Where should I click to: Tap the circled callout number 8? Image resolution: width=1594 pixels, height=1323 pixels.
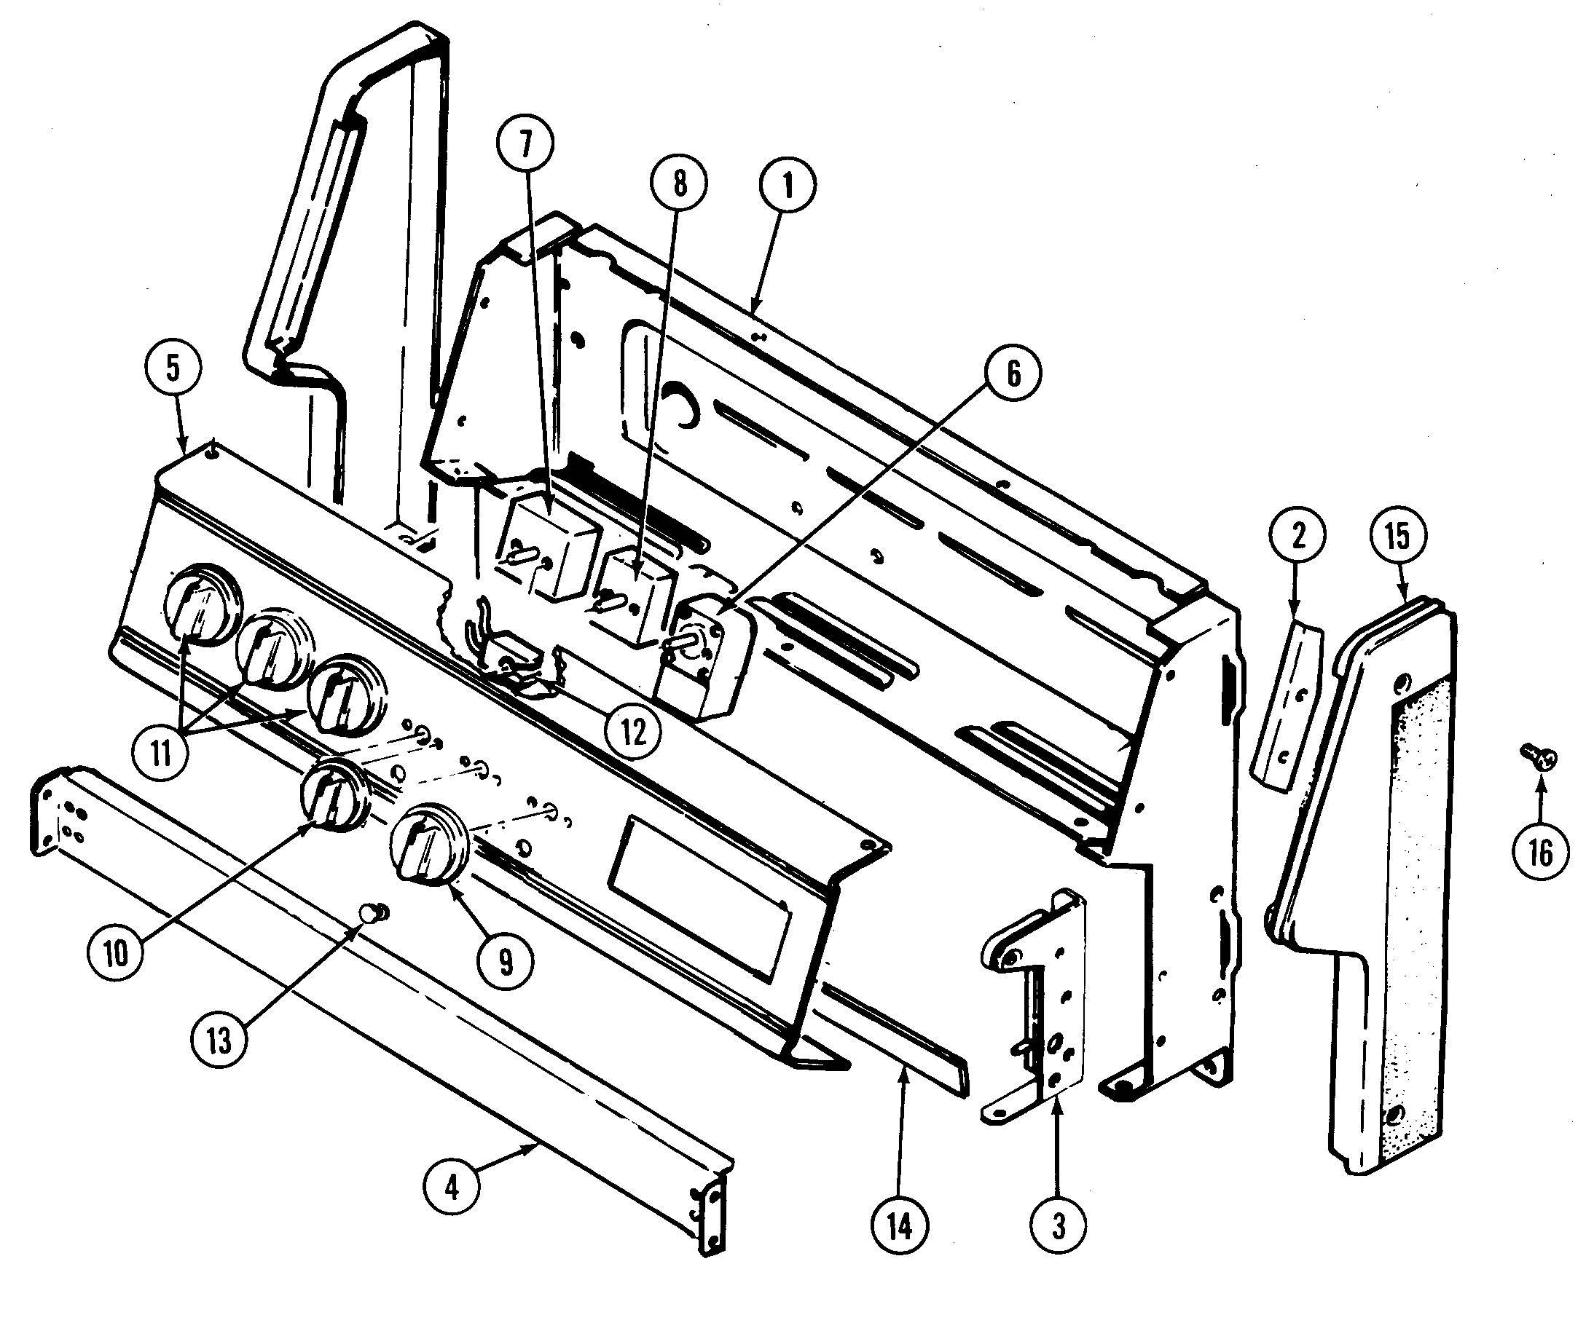(678, 183)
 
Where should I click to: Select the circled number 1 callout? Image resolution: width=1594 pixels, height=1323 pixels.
(787, 185)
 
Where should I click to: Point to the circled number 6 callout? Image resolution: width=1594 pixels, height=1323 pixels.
(1013, 374)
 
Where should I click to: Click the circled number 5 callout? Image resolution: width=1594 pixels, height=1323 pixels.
(173, 368)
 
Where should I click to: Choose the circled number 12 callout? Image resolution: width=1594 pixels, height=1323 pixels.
(633, 731)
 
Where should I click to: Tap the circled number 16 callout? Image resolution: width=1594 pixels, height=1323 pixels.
(1540, 852)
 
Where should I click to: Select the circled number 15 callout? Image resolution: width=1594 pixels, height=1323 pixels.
(1397, 536)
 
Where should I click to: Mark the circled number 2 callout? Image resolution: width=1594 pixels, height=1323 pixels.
(1298, 536)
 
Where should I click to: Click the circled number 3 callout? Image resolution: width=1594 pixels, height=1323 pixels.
(1059, 1226)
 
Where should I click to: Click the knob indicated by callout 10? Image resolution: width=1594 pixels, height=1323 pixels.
(334, 793)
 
